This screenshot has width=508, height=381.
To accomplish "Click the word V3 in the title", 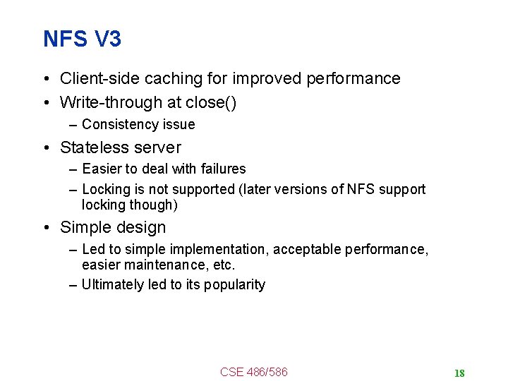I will point(107,40).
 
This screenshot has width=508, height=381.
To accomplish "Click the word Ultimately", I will point(113,285).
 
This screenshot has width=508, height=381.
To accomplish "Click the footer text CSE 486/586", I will point(254,372).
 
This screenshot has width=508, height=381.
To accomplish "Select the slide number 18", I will point(459,373).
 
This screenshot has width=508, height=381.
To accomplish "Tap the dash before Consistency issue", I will point(74,125).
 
